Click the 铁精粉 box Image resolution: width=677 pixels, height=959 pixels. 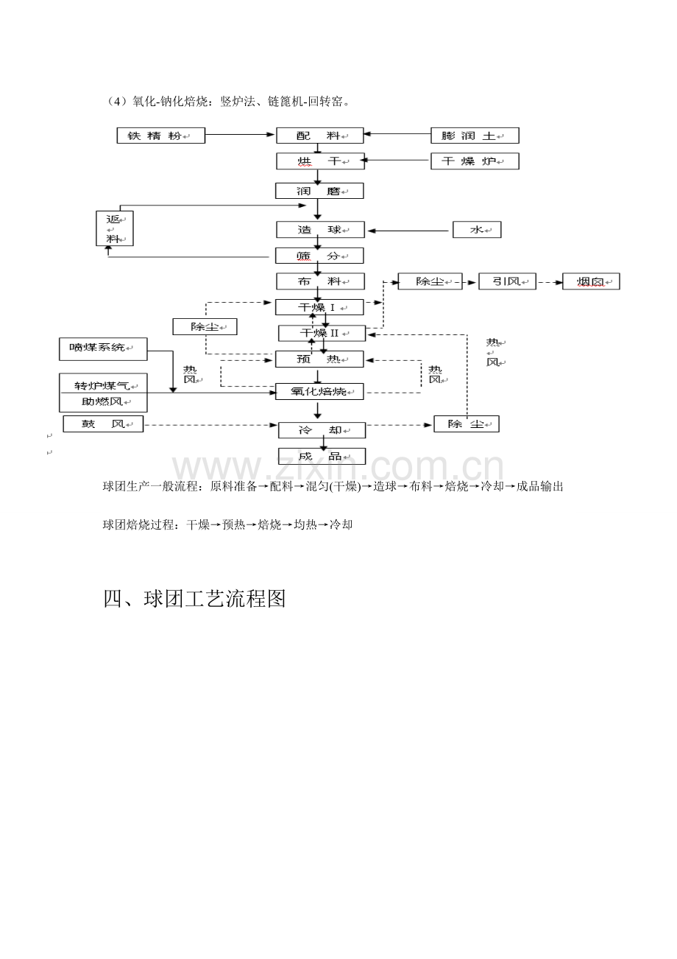pyautogui.click(x=161, y=136)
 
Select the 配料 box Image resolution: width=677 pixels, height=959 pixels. pyautogui.click(x=320, y=136)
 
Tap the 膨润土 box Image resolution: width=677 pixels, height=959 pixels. pyautogui.click(x=475, y=136)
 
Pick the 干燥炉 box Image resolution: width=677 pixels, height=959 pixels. pyautogui.click(x=475, y=161)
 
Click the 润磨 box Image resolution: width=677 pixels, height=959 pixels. pyautogui.click(x=319, y=191)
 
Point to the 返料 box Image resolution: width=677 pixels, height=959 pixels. pyautogui.click(x=115, y=228)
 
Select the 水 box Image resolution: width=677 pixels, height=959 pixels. pyautogui.click(x=477, y=230)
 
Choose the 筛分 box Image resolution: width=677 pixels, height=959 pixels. pyautogui.click(x=319, y=256)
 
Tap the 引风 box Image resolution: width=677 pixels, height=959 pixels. pyautogui.click(x=507, y=281)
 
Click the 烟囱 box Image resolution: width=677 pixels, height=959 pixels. pyautogui.click(x=591, y=281)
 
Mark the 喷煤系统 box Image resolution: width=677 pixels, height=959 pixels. pyautogui.click(x=103, y=349)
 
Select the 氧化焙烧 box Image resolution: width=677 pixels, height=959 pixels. pyautogui.click(x=319, y=391)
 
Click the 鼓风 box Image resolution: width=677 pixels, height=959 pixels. pyautogui.click(x=103, y=424)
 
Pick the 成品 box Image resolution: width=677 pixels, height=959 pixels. pyautogui.click(x=322, y=457)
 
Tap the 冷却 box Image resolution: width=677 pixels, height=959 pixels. pyautogui.click(x=322, y=430)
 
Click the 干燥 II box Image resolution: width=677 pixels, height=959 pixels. pyautogui.click(x=322, y=333)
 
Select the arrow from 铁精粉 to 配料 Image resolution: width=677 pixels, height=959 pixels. pyautogui.click(x=240, y=135)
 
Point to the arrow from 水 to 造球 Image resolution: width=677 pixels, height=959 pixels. pyautogui.click(x=408, y=231)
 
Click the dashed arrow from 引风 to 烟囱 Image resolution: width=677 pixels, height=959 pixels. pyautogui.click(x=550, y=283)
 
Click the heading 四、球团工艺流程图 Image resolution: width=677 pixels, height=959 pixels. pyautogui.click(x=194, y=599)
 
